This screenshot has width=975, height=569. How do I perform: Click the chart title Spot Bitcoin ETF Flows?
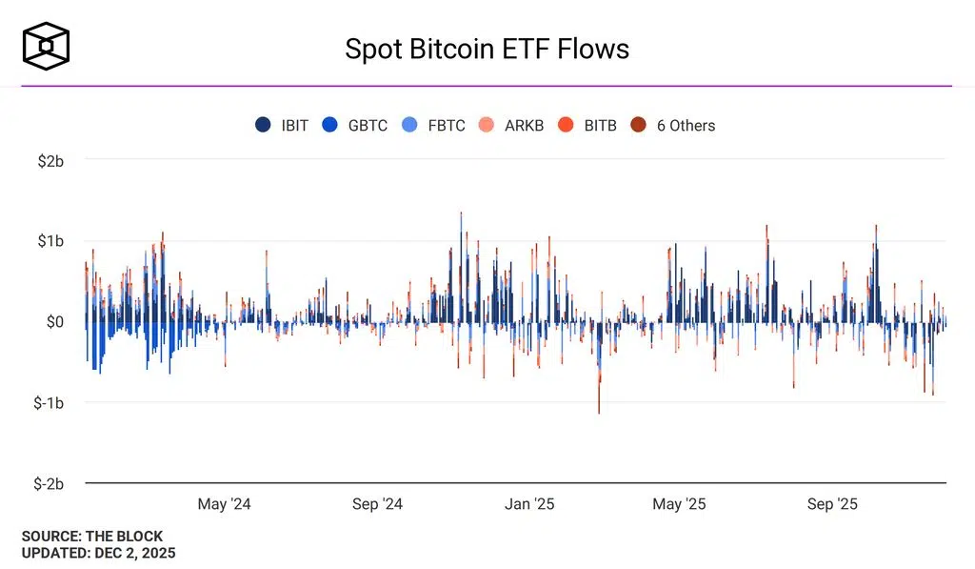(x=487, y=50)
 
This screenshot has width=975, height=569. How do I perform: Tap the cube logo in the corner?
(x=47, y=46)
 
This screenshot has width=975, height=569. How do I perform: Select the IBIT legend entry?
(x=283, y=125)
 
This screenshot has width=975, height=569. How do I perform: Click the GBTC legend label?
(x=357, y=125)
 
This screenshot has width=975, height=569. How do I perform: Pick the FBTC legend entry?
(x=435, y=125)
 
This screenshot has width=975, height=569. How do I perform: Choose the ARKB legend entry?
(x=513, y=125)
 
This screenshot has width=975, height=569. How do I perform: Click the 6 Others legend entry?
(x=674, y=125)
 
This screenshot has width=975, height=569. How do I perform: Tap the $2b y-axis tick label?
(x=50, y=160)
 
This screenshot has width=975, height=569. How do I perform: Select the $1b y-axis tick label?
(x=50, y=241)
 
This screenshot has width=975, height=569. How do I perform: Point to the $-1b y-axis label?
(x=47, y=403)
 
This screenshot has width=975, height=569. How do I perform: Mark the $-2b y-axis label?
(x=47, y=483)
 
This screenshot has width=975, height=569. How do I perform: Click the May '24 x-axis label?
(x=225, y=504)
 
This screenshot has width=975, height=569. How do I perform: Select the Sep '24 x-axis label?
(x=378, y=504)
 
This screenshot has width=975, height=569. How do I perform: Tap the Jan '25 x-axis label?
(x=529, y=504)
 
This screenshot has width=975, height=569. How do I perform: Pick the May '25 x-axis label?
(x=681, y=504)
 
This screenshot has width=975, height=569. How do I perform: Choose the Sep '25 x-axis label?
(x=832, y=504)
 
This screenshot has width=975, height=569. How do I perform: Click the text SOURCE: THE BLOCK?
(x=92, y=537)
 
